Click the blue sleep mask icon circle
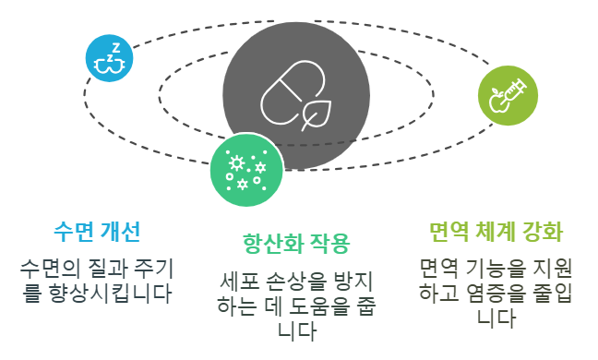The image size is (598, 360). [x=110, y=58]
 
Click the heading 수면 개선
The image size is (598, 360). [x=97, y=229]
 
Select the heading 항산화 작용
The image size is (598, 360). [x=295, y=244]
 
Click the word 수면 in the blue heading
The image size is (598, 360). [x=73, y=229]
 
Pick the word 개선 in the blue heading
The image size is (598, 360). [x=121, y=229]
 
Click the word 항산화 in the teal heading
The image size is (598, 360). [x=268, y=244]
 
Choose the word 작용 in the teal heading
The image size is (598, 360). [x=329, y=244]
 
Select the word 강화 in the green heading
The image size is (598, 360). [x=543, y=229]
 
